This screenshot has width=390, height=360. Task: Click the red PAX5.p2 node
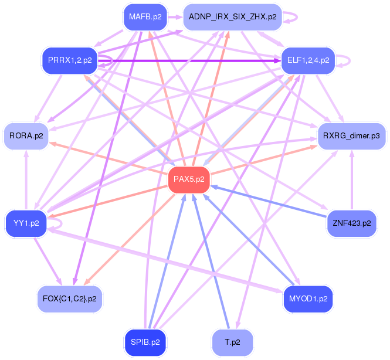tap(189, 179)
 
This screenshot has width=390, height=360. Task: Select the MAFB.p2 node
tap(145, 17)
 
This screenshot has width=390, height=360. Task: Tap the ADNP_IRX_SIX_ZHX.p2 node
tap(233, 17)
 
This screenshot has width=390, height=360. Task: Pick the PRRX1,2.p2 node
tap(69, 60)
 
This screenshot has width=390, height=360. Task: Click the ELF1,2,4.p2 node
tap(308, 60)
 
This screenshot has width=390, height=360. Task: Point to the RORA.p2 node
tap(27, 136)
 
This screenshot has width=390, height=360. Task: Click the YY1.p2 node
tap(26, 223)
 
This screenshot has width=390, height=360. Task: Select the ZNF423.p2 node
tap(351, 223)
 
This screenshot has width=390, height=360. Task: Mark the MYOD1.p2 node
tap(308, 298)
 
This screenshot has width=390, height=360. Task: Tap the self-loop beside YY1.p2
tap(57, 222)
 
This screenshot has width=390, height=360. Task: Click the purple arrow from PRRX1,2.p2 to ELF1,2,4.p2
tap(194, 60)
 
